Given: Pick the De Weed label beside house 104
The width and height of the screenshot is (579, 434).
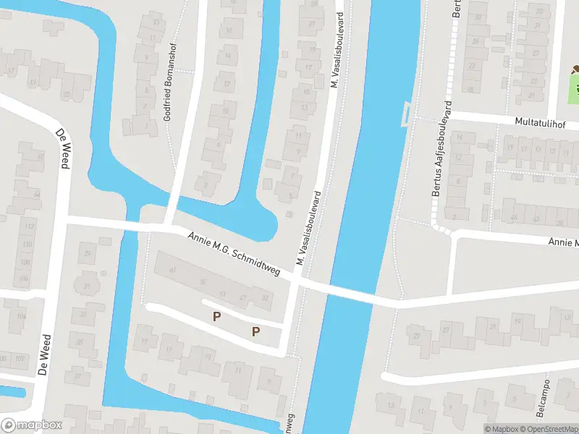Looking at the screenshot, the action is [x=46, y=354].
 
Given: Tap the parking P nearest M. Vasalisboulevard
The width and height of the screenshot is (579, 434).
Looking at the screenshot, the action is [x=255, y=331].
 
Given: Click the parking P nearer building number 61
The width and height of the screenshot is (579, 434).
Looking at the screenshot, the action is [x=216, y=316].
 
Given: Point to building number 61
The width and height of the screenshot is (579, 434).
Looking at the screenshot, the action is [x=173, y=270].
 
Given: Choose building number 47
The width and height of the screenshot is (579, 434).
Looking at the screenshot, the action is [x=244, y=297].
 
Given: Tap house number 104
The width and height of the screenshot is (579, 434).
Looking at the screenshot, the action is [x=22, y=316].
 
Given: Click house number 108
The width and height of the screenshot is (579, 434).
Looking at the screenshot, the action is [x=26, y=262].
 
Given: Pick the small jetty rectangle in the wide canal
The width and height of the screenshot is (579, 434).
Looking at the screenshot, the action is [x=405, y=113].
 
